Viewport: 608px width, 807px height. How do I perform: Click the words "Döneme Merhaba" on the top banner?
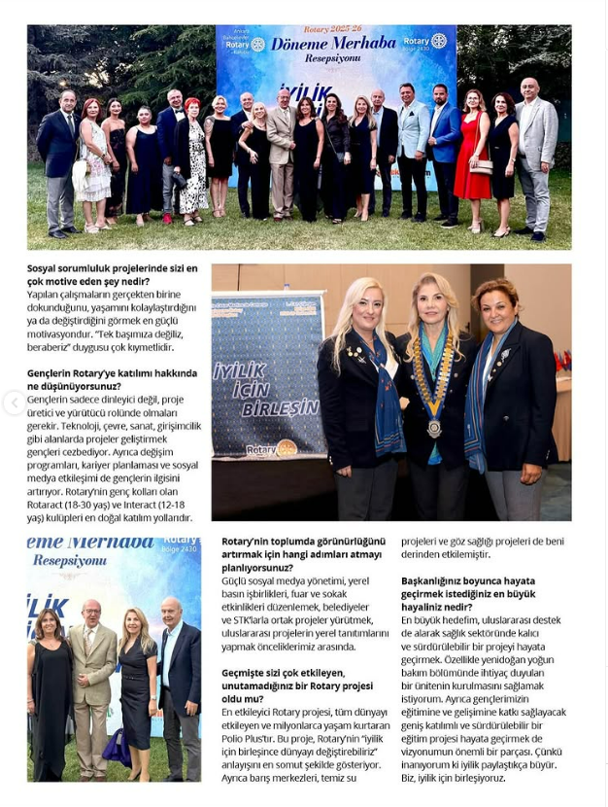click(321, 45)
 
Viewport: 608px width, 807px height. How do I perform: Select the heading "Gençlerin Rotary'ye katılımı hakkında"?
click(112, 373)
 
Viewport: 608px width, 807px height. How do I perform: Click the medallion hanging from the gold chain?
click(434, 428)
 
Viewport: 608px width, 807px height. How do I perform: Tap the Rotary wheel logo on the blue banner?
click(287, 448)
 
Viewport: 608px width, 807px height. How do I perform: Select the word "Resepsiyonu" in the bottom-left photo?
click(70, 561)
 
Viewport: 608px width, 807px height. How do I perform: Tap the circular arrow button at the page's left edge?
click(14, 403)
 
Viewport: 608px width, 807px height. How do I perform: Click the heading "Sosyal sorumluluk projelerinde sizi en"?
click(112, 268)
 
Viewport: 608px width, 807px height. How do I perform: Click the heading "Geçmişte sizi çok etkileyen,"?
click(283, 672)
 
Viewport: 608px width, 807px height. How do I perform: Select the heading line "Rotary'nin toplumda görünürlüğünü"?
click(303, 541)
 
